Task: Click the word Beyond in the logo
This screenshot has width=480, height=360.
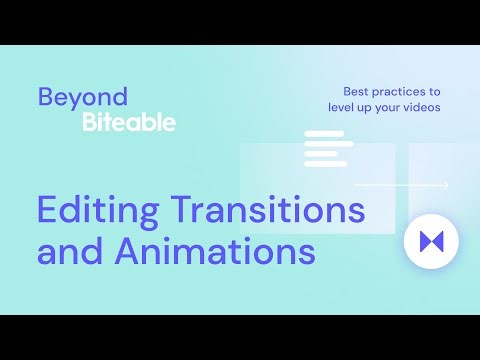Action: (x=83, y=97)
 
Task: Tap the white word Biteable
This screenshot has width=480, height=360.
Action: (x=129, y=123)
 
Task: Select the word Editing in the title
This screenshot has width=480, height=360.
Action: (x=96, y=212)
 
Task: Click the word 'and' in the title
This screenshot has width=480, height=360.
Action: (x=71, y=251)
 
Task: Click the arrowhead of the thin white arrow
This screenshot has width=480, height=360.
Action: (x=445, y=185)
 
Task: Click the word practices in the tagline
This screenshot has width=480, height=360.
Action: (x=401, y=90)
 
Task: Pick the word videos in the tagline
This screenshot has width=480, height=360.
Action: (x=419, y=107)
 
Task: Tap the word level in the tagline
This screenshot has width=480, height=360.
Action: (x=343, y=107)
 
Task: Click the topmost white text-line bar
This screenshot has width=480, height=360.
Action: (x=322, y=134)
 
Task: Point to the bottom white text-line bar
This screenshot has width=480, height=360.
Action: (x=325, y=164)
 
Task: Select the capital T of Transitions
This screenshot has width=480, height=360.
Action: (x=181, y=211)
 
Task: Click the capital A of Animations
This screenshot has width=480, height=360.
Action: (x=129, y=251)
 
